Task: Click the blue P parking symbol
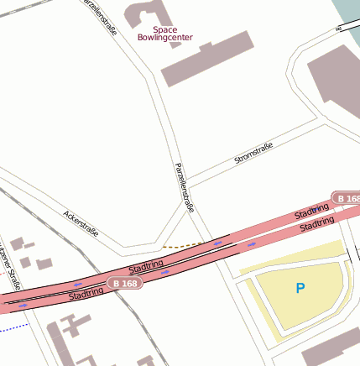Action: tap(300, 289)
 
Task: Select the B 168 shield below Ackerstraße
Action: tap(124, 284)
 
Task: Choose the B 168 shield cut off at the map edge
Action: tap(346, 198)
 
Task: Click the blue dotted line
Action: tap(13, 327)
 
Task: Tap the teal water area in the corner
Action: tap(347, 12)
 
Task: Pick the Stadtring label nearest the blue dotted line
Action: tap(86, 294)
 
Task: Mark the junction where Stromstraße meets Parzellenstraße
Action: tap(186, 182)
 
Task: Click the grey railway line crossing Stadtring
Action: tap(117, 290)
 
